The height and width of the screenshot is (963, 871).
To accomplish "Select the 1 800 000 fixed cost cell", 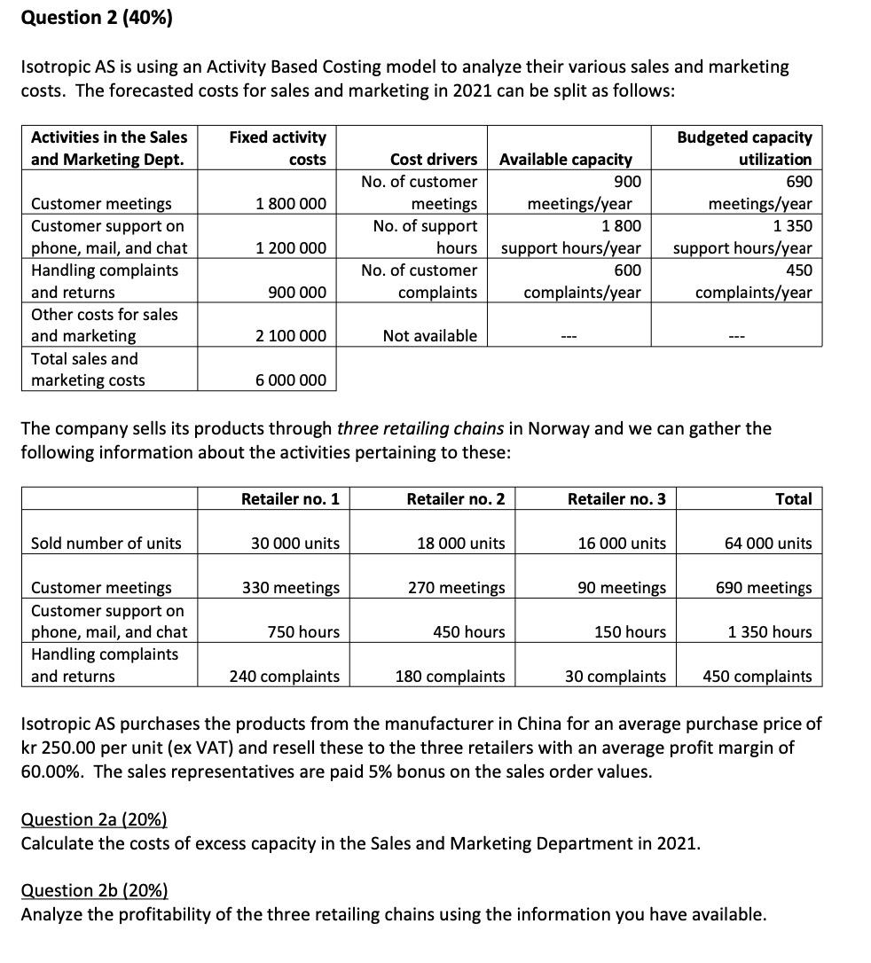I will pos(291,204).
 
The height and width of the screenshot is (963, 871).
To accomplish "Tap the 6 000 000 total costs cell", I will pos(291,380).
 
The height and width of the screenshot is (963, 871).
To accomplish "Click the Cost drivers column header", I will pos(433,160).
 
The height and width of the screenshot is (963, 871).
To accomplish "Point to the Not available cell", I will pos(429,336).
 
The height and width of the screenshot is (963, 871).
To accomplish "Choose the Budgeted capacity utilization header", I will pos(744,148).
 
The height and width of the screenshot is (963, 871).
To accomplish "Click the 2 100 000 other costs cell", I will pos(291,336).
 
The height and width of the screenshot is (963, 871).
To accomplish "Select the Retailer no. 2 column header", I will pos(455,499).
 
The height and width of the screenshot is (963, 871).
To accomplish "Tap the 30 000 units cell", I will pos(295,544).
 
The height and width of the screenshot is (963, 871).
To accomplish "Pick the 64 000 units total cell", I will pos(768,544).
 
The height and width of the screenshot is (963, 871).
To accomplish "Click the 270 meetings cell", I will pos(456,588).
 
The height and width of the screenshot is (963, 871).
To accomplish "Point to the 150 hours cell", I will pos(630,632).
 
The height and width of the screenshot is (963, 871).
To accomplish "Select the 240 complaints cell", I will pos(284,677).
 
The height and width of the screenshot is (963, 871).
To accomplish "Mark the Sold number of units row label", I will pos(106,544).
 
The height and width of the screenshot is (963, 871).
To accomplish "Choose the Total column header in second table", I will pos(793,499).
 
